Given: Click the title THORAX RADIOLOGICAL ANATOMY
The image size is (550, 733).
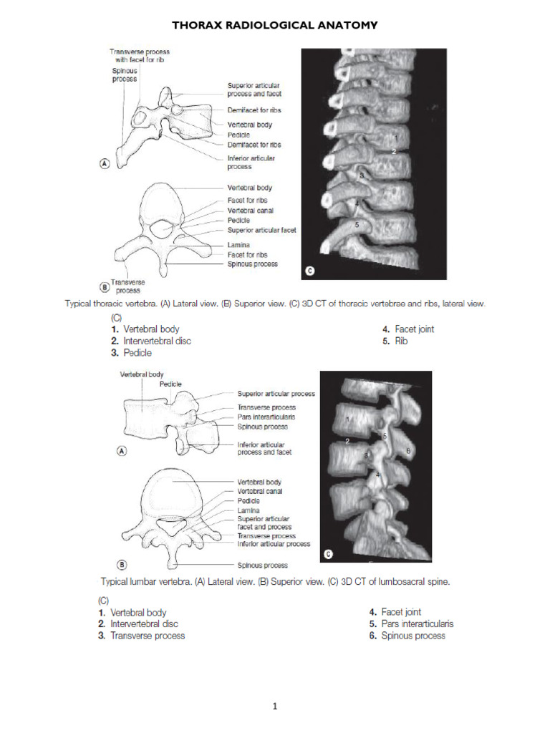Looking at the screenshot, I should [275, 26].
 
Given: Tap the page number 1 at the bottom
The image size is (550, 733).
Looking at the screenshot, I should [274, 707].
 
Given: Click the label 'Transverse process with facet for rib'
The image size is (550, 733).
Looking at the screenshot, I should [139, 56].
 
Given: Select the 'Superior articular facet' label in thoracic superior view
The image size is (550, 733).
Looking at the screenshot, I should [261, 230].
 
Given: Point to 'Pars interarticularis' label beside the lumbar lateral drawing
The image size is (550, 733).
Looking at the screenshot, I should [266, 417].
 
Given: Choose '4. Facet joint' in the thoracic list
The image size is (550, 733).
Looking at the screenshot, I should [407, 329].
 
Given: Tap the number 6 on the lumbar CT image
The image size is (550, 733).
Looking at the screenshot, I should [407, 450].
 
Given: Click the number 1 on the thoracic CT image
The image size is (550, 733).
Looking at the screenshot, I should [395, 135].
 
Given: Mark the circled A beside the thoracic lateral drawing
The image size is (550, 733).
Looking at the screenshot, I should [104, 163].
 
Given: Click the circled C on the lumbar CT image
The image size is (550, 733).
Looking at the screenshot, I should [329, 553].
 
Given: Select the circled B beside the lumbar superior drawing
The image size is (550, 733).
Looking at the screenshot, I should [122, 564].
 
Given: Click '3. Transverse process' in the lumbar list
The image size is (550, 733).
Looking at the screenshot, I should [141, 636].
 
